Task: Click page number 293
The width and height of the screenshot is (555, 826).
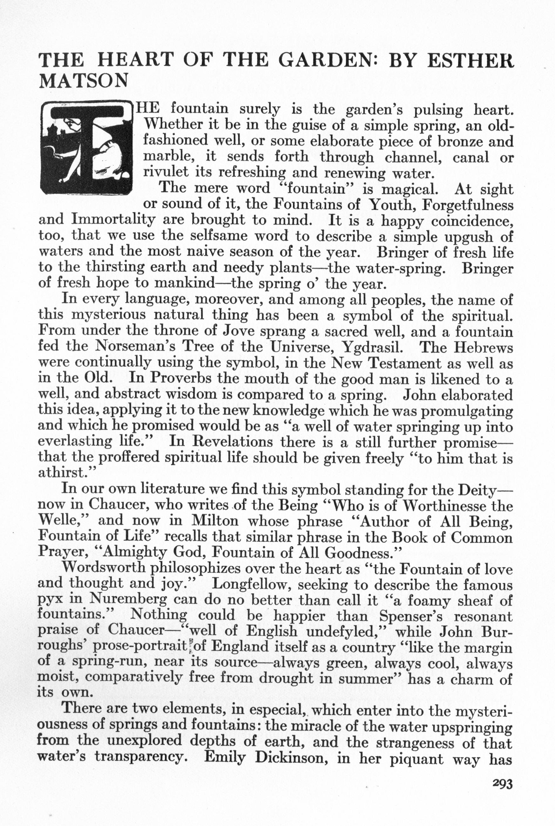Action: click(502, 784)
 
